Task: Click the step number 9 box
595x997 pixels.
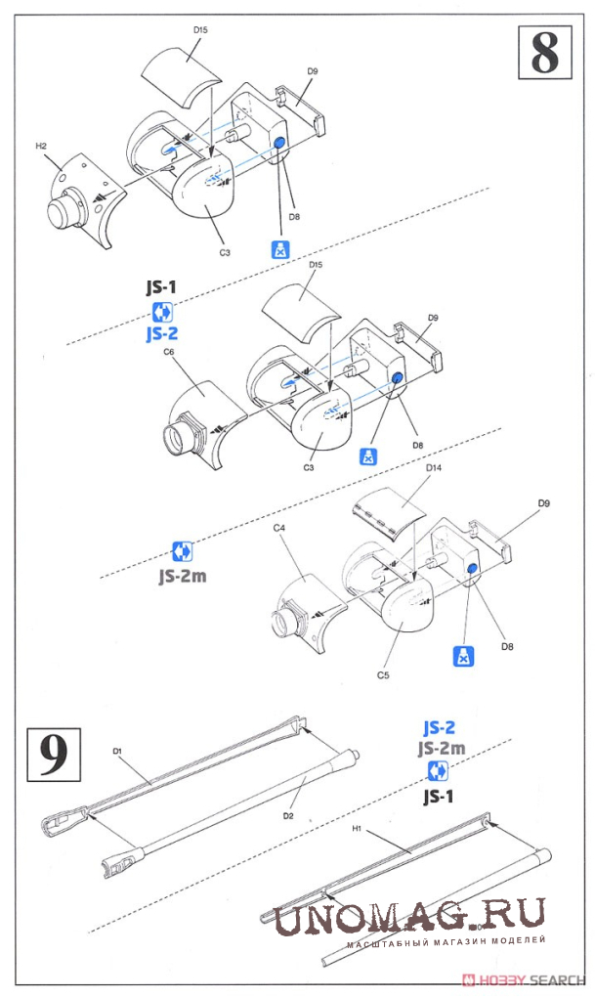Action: click(55, 754)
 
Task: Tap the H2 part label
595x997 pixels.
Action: click(42, 147)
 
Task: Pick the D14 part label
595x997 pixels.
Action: click(435, 468)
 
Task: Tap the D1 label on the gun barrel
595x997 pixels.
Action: click(115, 751)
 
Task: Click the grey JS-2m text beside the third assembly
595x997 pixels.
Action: click(182, 575)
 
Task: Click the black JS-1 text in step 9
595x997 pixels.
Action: click(438, 797)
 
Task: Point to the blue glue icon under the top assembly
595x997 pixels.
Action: click(279, 248)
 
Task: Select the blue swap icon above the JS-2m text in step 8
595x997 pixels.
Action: click(182, 550)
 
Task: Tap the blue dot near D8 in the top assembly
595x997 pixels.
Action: click(278, 144)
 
